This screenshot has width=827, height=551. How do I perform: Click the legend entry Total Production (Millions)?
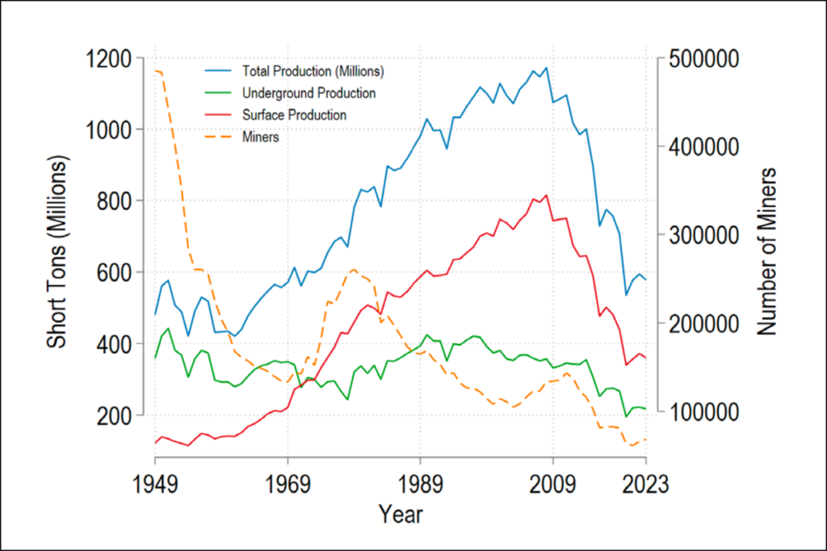pos(313,70)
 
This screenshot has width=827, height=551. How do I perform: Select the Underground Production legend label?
pos(309,93)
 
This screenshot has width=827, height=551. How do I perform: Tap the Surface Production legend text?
pos(294,116)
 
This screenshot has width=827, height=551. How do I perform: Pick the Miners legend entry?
pos(260,137)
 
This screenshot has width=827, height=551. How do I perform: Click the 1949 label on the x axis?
pos(155,486)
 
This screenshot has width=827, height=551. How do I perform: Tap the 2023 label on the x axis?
pos(645,486)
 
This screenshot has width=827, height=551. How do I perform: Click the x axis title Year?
pos(401,515)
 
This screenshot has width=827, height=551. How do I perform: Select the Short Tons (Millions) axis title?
pos(57,254)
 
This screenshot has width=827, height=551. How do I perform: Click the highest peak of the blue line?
pos(546,67)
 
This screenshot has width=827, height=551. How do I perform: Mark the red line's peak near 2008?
pos(546,195)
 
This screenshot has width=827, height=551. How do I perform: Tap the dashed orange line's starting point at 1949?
pos(155,71)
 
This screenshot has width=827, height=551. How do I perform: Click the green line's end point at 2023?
pos(645,409)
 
